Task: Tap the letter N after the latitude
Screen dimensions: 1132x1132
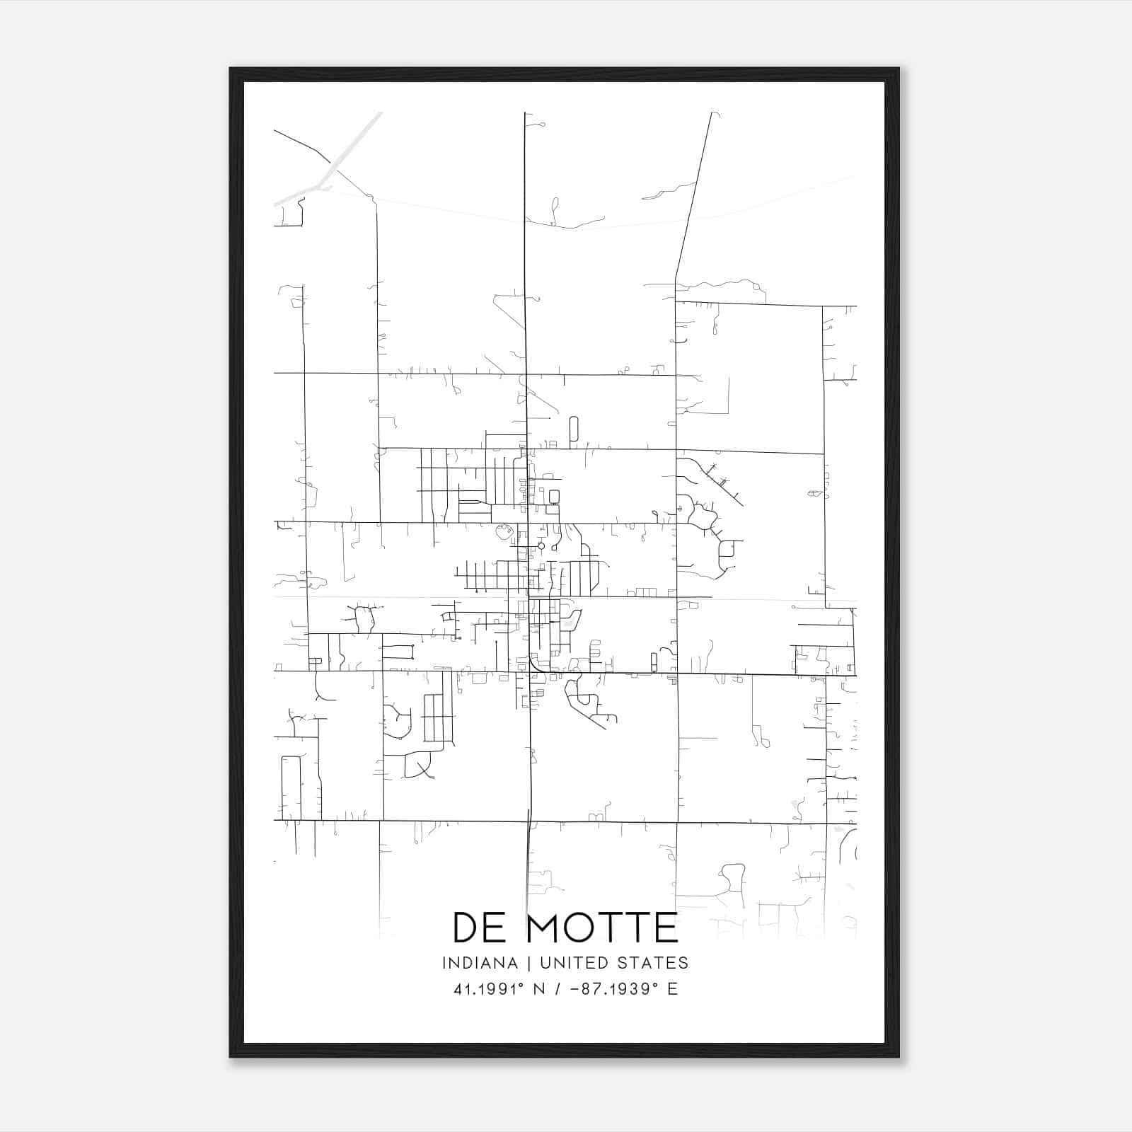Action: (538, 989)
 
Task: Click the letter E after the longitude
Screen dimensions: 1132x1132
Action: (672, 989)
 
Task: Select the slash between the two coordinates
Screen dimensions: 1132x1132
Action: (559, 989)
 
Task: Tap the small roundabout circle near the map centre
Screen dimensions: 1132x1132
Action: (541, 545)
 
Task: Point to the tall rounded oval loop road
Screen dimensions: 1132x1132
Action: (573, 429)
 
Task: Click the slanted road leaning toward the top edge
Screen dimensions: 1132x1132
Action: (693, 191)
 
